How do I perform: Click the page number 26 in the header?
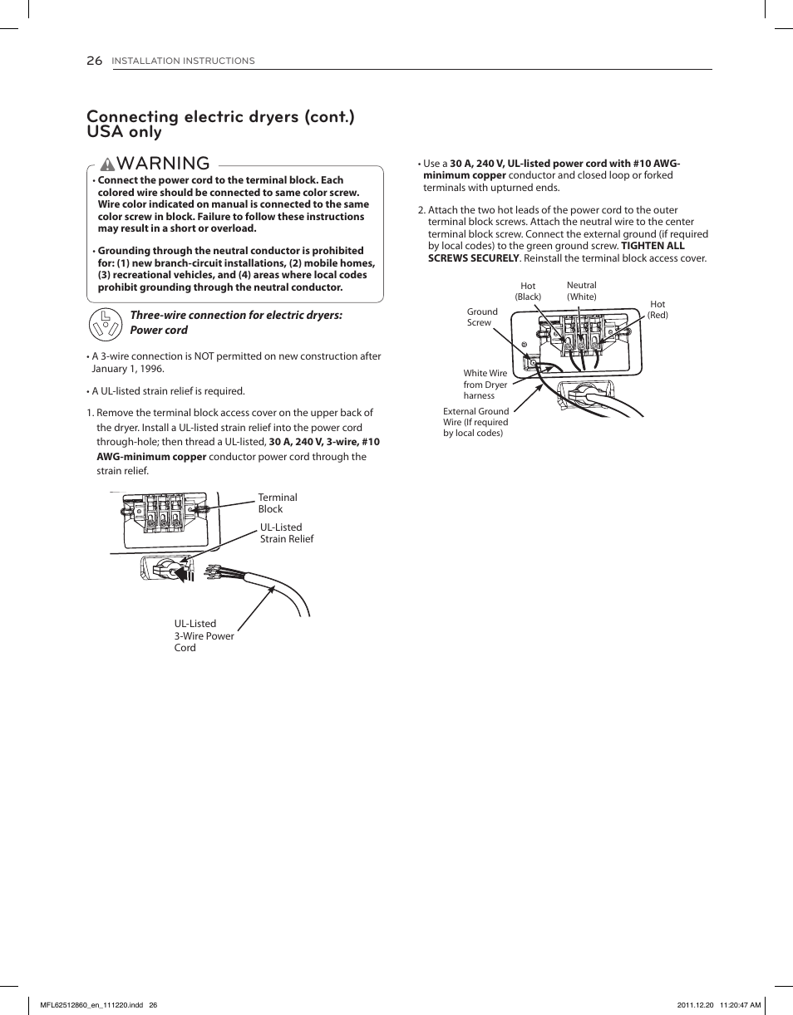94,61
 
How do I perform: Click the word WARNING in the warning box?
164,163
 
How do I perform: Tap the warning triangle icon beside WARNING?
107,164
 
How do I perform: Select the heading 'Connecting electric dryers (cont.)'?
220,116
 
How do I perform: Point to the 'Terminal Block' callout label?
277,503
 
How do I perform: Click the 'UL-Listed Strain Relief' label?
286,533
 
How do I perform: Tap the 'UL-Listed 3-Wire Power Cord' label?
204,635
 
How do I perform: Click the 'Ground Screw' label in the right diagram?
481,317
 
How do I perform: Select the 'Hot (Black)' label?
528,292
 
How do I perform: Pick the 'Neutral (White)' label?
582,291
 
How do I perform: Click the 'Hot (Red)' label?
658,310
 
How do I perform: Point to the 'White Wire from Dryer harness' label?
485,385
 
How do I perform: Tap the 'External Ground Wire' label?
475,422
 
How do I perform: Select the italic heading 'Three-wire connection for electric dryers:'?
236,316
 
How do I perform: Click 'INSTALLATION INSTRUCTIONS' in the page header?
183,61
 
